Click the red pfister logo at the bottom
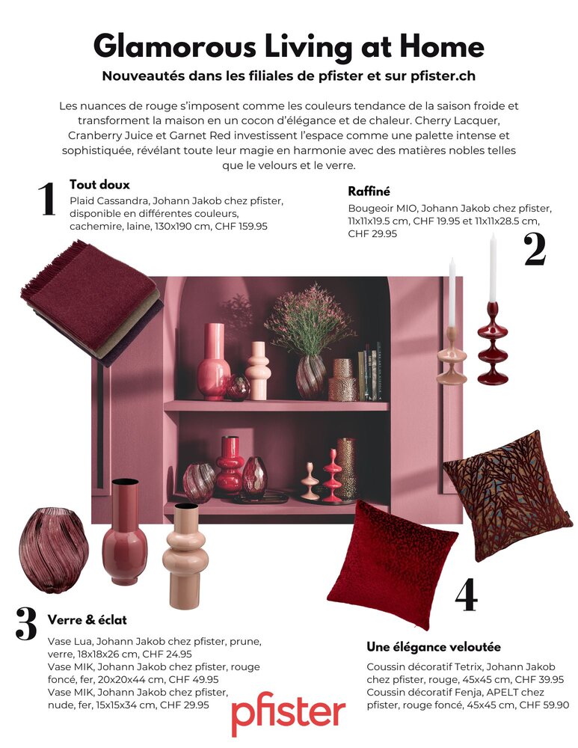click(x=288, y=713)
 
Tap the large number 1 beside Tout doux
click(x=47, y=198)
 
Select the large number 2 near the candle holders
click(x=535, y=250)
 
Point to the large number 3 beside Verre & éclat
click(x=26, y=623)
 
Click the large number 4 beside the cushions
click(x=466, y=595)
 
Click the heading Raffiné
click(x=369, y=191)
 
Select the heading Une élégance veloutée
click(x=434, y=647)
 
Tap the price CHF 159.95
click(x=242, y=226)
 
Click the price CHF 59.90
click(x=544, y=705)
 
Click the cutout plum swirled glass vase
click(x=53, y=550)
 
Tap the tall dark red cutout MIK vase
click(x=125, y=531)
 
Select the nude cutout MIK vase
click(x=185, y=555)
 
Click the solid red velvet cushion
click(x=393, y=564)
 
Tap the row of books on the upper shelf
click(x=370, y=371)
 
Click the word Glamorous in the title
click(x=175, y=47)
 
